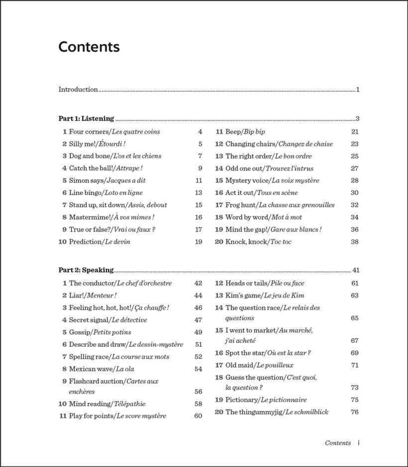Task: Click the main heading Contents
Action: coord(89,47)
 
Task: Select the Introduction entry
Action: coord(78,90)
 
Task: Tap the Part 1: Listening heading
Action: coord(86,119)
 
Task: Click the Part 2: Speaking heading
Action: coord(86,270)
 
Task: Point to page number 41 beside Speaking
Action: coord(356,270)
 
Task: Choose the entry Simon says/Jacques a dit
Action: coord(107,180)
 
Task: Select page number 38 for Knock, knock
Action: coord(355,242)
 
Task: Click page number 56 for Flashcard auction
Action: coord(199,392)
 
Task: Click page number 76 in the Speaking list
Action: coord(355,412)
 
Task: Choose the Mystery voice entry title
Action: coord(272,180)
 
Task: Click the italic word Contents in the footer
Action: coord(338,443)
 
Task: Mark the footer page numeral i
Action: coord(359,443)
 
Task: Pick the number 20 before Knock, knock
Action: coord(219,242)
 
